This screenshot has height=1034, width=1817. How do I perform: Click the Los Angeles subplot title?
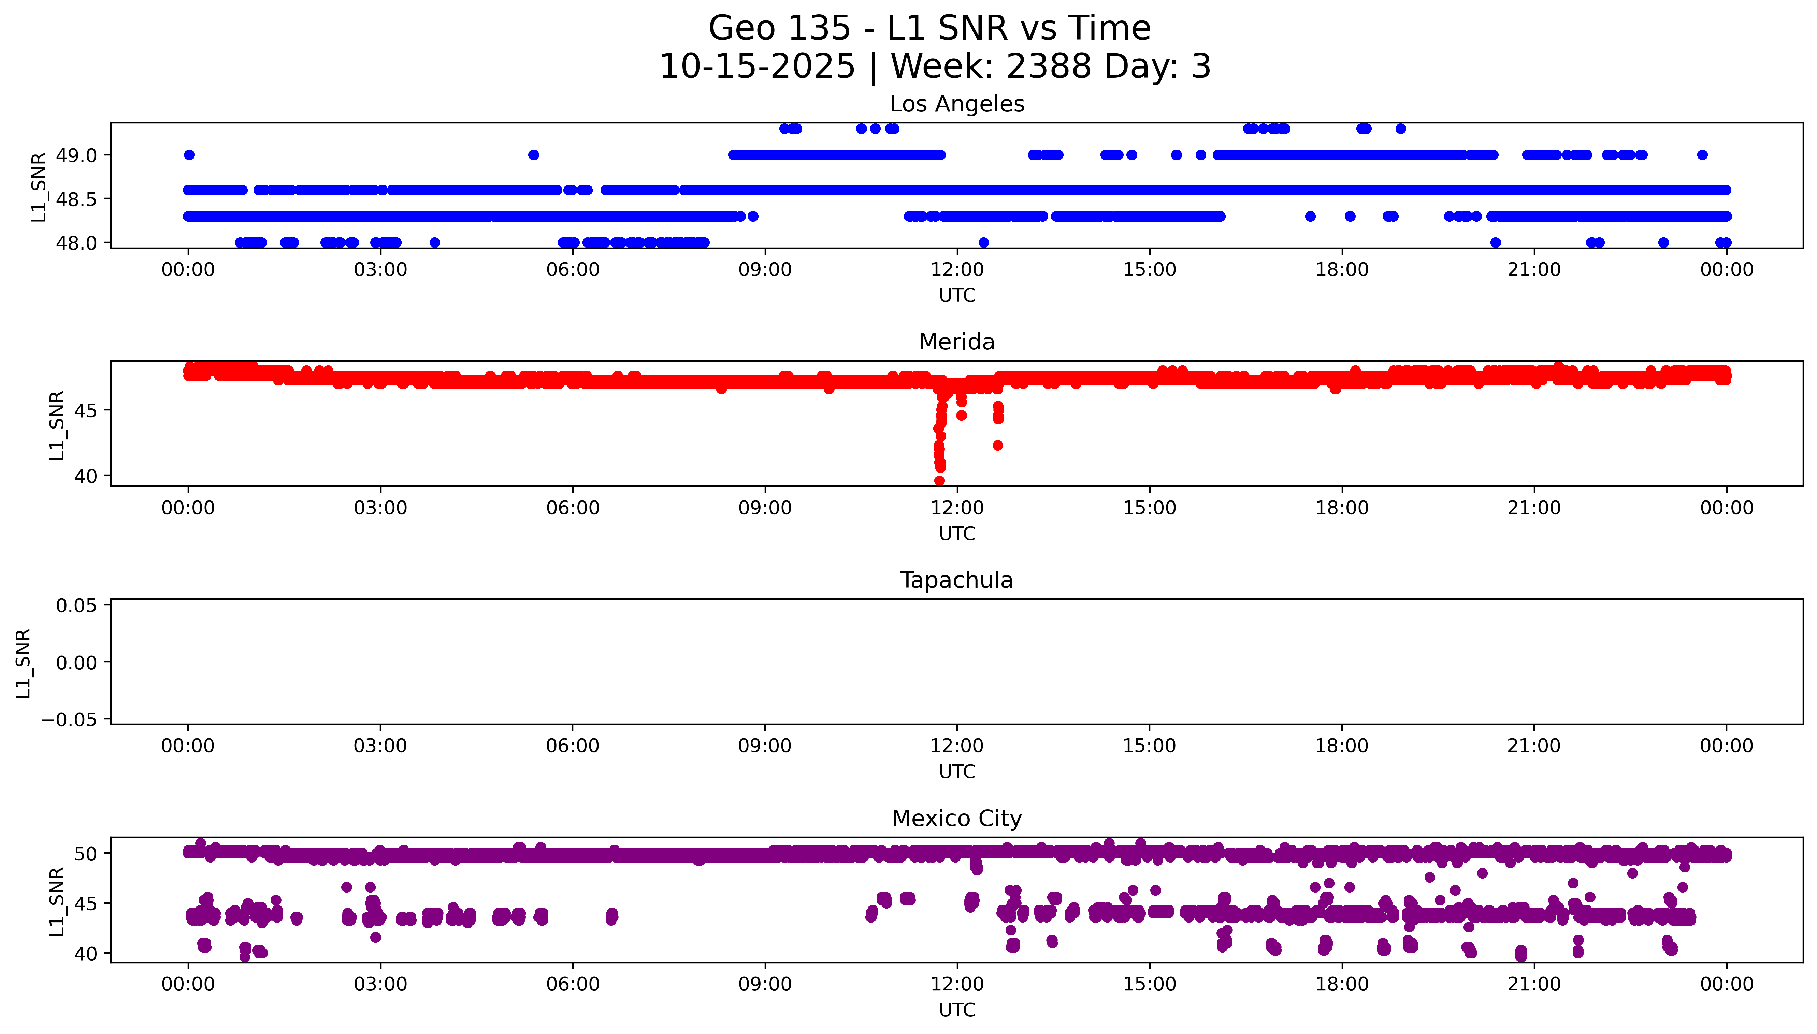coord(956,104)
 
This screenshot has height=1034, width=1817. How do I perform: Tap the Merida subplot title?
coord(956,342)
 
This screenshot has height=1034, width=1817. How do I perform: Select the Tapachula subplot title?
coord(956,580)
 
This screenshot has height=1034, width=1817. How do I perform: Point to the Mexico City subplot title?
coord(956,819)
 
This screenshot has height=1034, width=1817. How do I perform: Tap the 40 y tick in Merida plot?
coord(86,476)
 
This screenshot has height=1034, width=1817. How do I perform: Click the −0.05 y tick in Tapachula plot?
coord(69,720)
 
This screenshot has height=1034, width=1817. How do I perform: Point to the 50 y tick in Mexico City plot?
coord(86,854)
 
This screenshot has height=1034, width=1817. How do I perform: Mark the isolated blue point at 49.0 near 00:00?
coord(189,155)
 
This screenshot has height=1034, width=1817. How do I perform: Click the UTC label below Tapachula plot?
coord(956,772)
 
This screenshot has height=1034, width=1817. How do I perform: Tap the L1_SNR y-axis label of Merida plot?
coord(57,425)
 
